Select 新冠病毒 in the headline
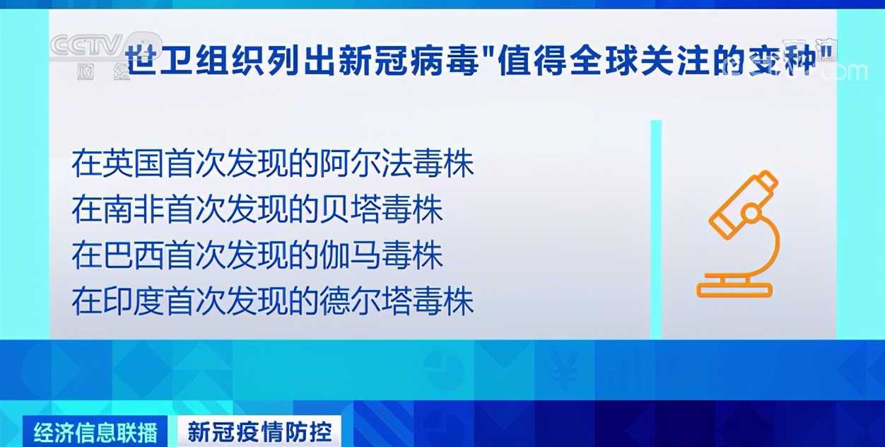click(x=408, y=62)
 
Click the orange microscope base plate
click(x=734, y=290)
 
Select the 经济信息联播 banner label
click(x=95, y=431)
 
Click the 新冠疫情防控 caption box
click(x=259, y=431)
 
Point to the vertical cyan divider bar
click(x=656, y=229)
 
